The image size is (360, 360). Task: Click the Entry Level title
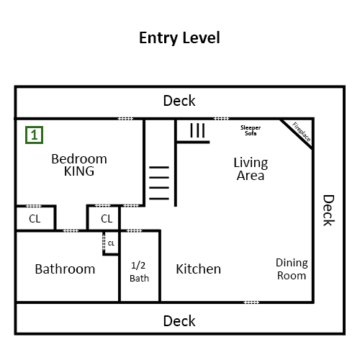coord(179,38)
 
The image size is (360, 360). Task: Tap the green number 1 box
coord(34,135)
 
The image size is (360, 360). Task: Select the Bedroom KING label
coord(79,165)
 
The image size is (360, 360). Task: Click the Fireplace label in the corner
coord(302,132)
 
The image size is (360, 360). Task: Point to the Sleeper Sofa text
coord(251,130)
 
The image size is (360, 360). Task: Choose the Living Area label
coord(251,168)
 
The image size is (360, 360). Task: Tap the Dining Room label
coord(292,269)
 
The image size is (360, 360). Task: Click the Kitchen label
coord(199,269)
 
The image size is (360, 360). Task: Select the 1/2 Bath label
coord(139,272)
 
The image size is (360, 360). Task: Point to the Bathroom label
coord(65,269)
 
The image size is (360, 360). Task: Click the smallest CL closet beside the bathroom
coord(111,243)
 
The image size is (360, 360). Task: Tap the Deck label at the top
coord(179,101)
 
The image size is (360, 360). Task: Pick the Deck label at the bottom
coord(179,321)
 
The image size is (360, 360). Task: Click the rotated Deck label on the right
coord(328,210)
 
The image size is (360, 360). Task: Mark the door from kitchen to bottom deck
coord(251,302)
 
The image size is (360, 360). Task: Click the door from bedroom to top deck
coord(125,119)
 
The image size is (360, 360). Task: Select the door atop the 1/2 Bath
coord(134,231)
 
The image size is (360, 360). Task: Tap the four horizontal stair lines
coord(159,183)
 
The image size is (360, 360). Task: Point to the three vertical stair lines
coord(197,130)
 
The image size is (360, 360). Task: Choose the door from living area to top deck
coord(221,119)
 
